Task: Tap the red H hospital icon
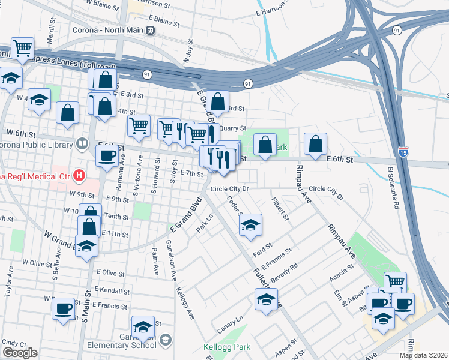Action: pos(79,175)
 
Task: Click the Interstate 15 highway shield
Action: pos(403,154)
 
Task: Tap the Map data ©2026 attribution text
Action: pos(423,355)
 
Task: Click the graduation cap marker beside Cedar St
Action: pos(250,225)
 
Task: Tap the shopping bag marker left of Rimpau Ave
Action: pos(265,144)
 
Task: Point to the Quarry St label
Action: pos(232,128)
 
